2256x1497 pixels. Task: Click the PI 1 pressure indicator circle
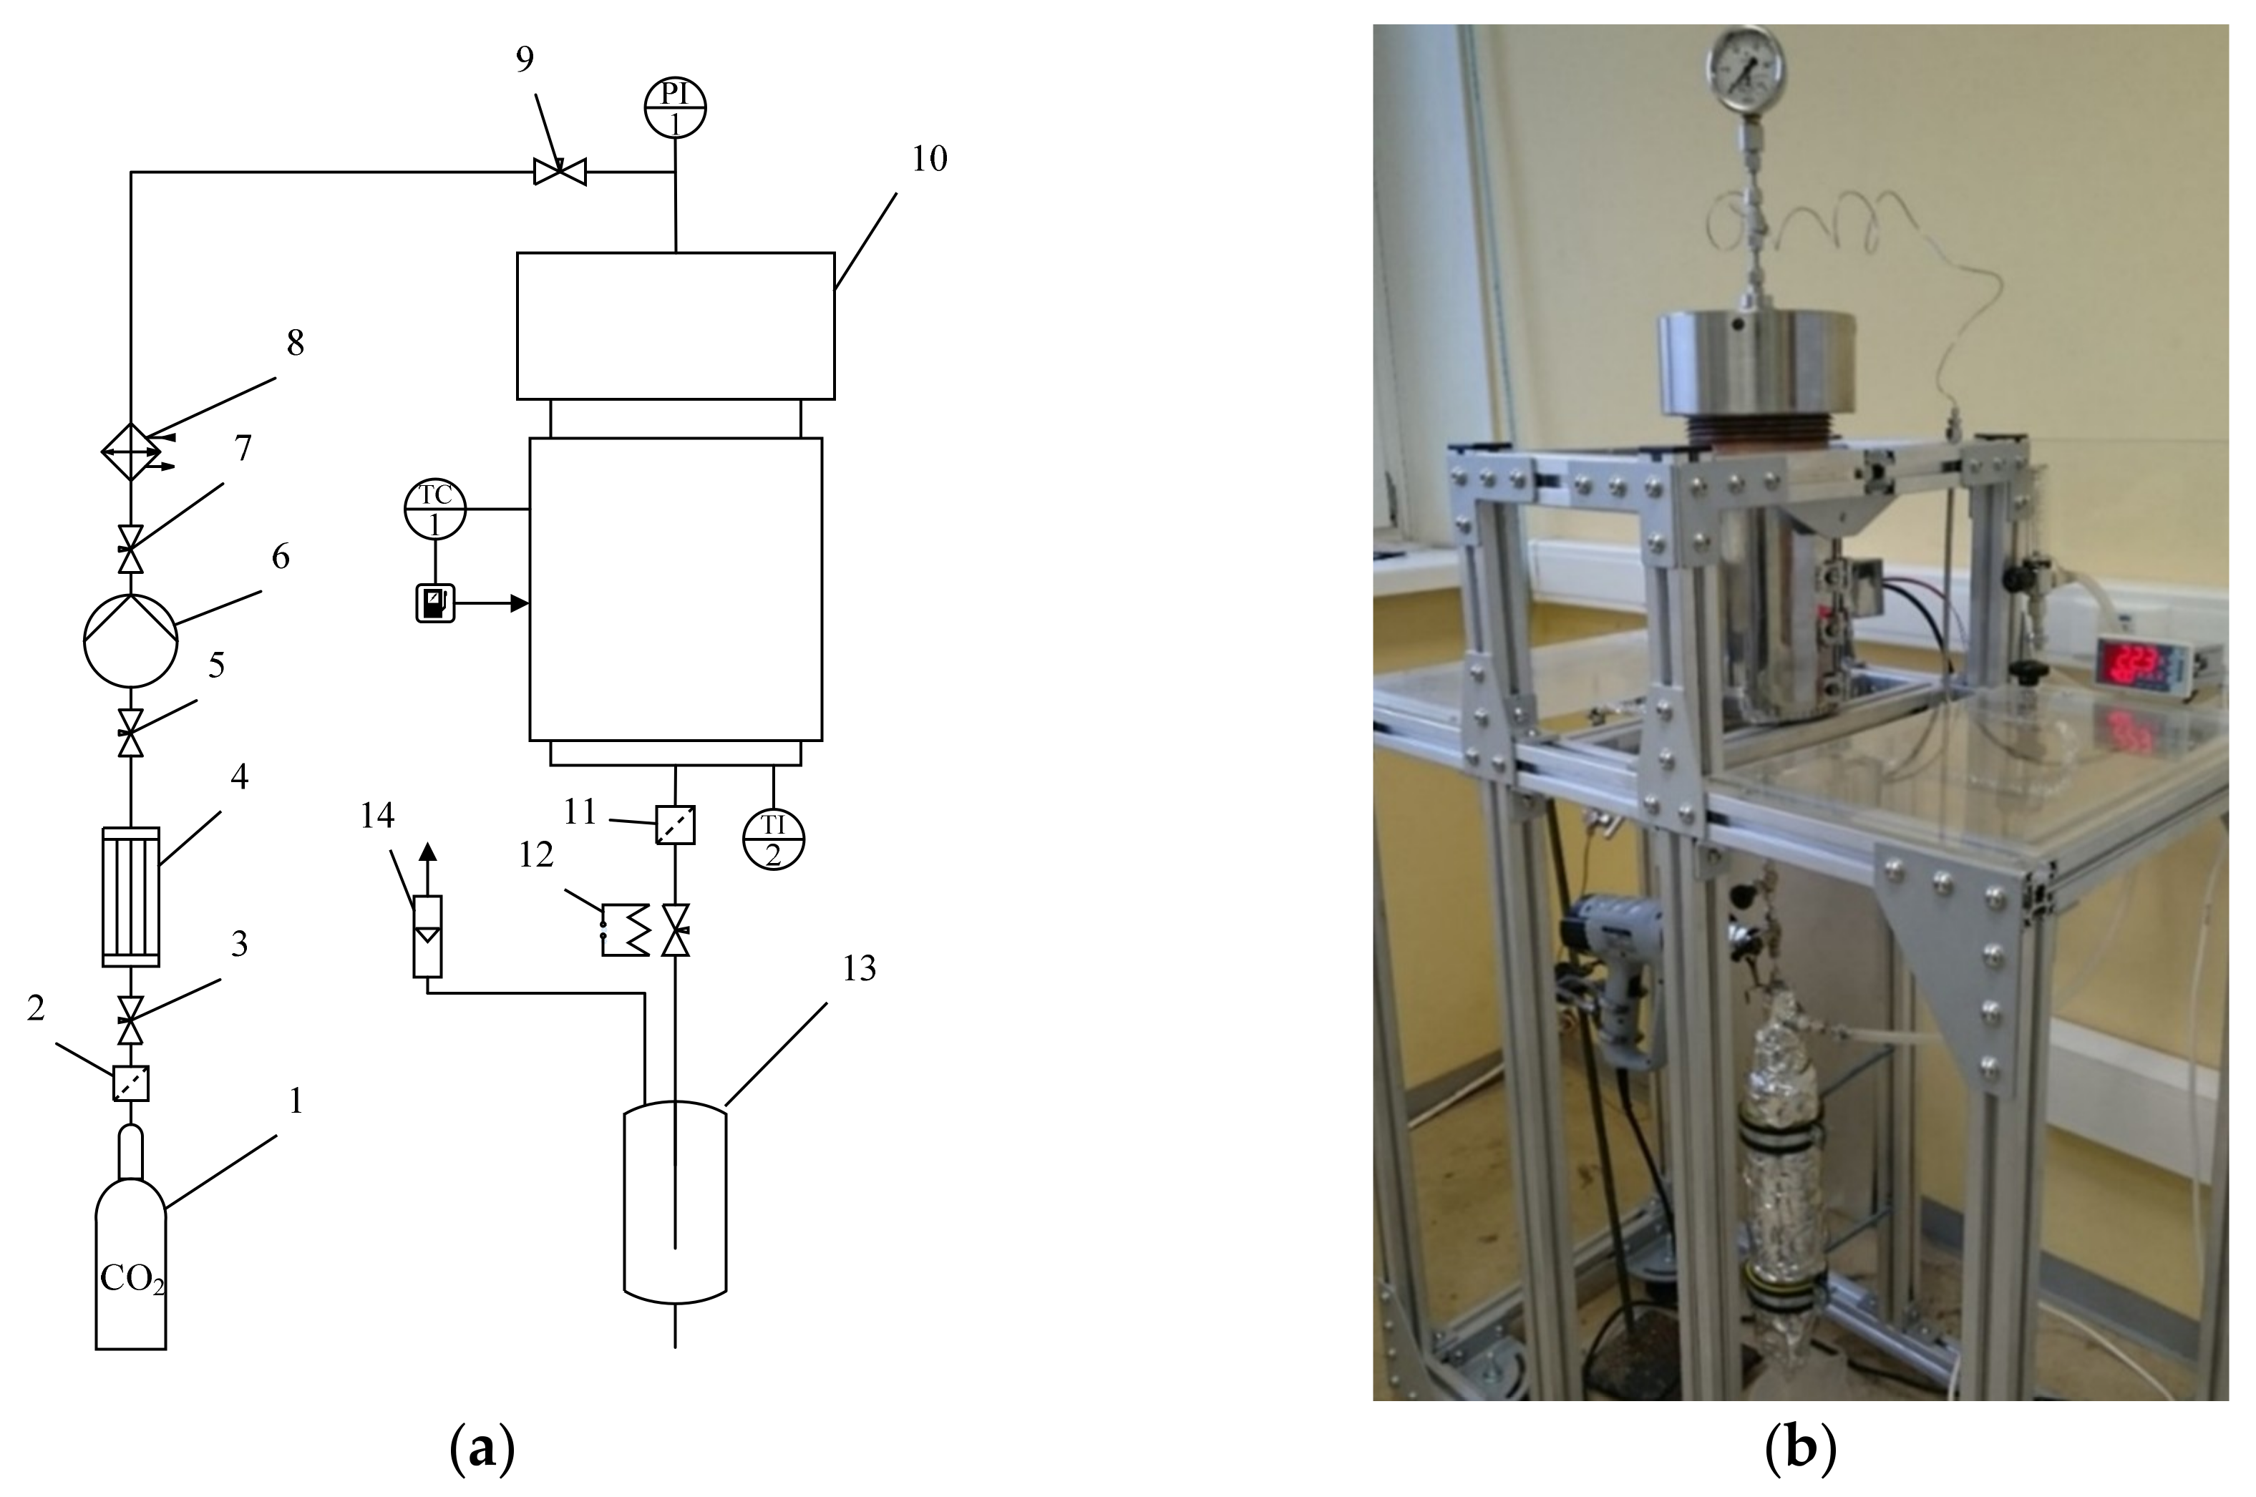coord(675,107)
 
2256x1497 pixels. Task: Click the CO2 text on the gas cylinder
coord(132,1279)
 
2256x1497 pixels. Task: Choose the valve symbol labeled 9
coord(560,172)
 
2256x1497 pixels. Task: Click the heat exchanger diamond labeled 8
coord(131,451)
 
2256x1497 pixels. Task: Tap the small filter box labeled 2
coord(131,1083)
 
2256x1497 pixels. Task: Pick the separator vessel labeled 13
coord(675,1201)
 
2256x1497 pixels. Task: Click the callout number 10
coord(929,158)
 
